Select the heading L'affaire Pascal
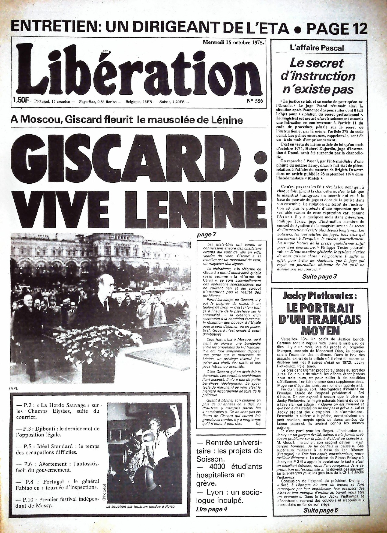coord(317,48)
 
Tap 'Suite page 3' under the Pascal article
coord(319,277)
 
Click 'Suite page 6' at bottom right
coord(321,510)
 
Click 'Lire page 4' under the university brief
coord(212,509)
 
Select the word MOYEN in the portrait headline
coord(320,330)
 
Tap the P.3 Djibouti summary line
coord(58,432)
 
